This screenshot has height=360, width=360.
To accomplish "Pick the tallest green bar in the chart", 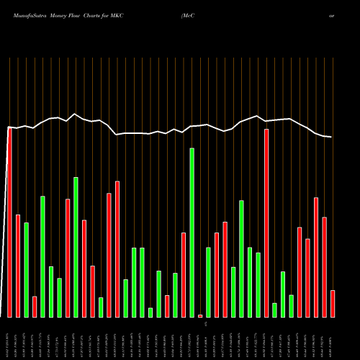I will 192,233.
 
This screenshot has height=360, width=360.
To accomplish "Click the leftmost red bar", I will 9,222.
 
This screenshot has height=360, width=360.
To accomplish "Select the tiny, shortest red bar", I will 200,315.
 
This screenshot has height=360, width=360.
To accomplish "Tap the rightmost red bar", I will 333,303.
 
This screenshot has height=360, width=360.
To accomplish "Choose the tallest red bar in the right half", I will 266,223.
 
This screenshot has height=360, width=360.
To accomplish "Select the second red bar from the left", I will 18,266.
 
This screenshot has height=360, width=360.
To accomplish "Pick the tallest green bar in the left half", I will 76,247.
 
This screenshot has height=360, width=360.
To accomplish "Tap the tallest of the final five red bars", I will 316,257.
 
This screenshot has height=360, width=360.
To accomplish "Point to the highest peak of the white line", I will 75,114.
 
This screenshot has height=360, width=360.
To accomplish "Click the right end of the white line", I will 331,137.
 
